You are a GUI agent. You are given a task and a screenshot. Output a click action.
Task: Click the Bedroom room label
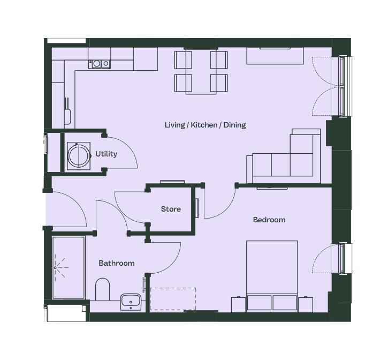[x=269, y=220]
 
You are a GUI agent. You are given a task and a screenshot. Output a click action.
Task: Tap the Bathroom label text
[x=117, y=263]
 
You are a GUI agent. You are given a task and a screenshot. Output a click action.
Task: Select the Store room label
[x=171, y=209]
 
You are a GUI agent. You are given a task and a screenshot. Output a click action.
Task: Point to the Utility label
[x=106, y=154]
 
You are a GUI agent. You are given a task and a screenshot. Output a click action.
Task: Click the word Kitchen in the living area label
[x=204, y=125]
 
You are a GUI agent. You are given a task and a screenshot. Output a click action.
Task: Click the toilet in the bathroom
[x=102, y=289]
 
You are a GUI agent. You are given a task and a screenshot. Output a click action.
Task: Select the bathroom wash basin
[x=131, y=302]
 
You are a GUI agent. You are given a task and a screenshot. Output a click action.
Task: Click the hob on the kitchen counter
[x=100, y=64]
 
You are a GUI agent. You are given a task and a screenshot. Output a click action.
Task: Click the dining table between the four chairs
[x=201, y=72]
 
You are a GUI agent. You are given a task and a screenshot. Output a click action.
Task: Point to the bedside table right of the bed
[x=306, y=304]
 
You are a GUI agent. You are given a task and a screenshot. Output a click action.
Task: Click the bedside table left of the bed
[x=239, y=304]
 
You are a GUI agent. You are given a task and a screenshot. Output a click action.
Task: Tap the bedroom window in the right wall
[x=345, y=259]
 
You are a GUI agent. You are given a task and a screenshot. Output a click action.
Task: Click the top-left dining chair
[x=183, y=60]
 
